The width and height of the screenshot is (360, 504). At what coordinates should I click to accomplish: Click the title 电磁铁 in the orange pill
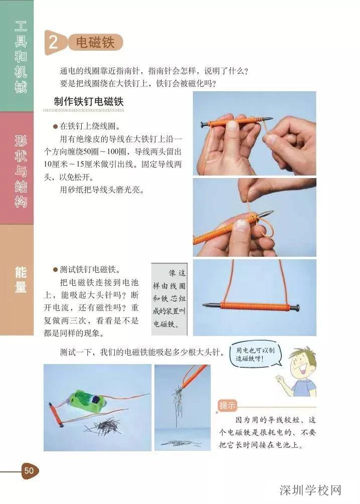pyautogui.click(x=95, y=43)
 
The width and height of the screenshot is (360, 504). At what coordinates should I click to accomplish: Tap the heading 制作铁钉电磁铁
pyautogui.click(x=89, y=102)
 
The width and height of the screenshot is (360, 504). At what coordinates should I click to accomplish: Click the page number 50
pyautogui.click(x=29, y=470)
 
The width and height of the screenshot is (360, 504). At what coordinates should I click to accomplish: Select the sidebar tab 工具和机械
pyautogui.click(x=20, y=57)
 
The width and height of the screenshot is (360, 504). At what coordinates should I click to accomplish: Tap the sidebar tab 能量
pyautogui.click(x=20, y=280)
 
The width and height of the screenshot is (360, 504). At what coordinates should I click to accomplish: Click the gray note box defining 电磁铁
pyautogui.click(x=169, y=299)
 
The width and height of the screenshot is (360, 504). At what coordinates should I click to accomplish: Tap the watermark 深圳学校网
pyautogui.click(x=310, y=489)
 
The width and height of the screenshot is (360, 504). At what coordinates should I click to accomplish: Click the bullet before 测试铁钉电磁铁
pyautogui.click(x=56, y=269)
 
